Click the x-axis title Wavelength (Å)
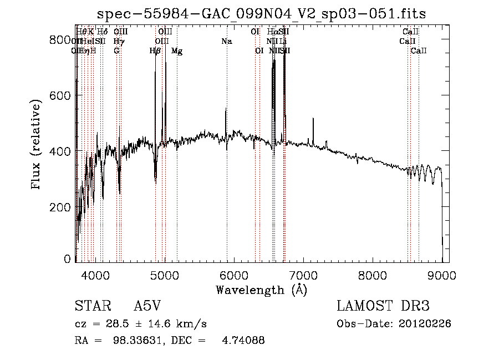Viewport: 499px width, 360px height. (261, 290)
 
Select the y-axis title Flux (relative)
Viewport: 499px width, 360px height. (37, 146)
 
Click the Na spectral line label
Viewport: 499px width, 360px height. (226, 41)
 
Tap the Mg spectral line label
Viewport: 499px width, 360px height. (177, 51)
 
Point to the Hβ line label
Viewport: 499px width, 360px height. (155, 51)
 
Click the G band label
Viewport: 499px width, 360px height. (116, 51)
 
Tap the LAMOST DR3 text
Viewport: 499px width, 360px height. (383, 307)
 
